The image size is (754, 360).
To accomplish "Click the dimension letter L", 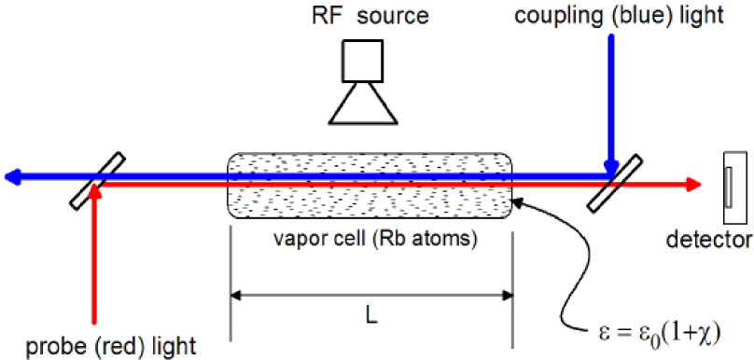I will (370, 318).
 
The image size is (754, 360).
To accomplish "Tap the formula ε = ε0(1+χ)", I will (657, 330).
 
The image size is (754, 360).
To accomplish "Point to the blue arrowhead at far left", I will (11, 174).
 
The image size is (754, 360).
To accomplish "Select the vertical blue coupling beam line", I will (609, 103).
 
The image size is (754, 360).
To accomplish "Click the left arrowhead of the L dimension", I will (236, 297).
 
